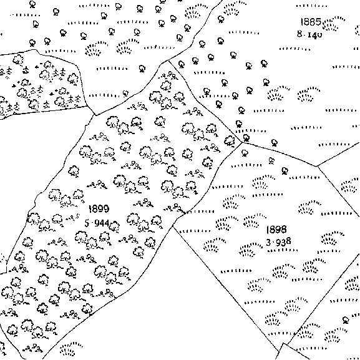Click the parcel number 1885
(311, 22)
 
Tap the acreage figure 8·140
(309, 35)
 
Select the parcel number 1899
(99, 208)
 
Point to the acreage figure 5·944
(97, 223)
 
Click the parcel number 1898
(276, 230)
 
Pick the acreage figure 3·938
(279, 241)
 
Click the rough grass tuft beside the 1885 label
(333, 24)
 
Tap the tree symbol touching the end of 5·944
(115, 226)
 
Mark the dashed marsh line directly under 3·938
(283, 250)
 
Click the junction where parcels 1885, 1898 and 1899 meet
(241, 143)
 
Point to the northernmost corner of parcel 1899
(168, 61)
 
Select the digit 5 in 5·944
(87, 223)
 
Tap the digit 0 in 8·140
(319, 35)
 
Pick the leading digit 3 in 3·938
(269, 243)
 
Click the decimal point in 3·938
(273, 243)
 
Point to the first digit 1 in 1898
(268, 230)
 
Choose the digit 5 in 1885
(318, 22)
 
